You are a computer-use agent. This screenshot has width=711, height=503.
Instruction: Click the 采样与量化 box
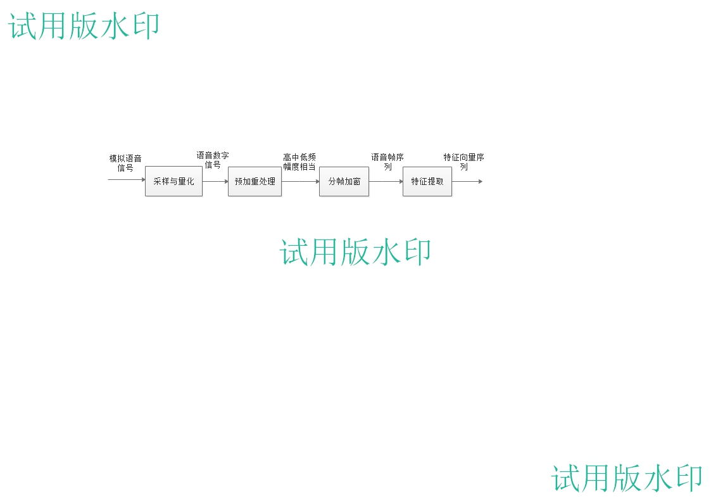point(173,181)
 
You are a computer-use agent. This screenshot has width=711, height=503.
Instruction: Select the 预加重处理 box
point(255,181)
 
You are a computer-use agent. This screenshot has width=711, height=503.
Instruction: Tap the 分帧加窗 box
point(344,181)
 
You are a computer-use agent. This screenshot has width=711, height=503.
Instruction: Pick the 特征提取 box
point(427,181)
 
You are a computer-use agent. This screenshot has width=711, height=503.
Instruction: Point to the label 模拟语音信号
point(125,163)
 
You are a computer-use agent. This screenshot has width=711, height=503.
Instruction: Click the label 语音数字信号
point(213,160)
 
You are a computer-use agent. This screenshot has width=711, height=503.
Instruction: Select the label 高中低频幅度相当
point(299,162)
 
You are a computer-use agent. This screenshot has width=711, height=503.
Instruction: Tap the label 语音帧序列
point(387,162)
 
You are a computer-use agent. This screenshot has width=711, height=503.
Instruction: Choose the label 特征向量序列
point(464,162)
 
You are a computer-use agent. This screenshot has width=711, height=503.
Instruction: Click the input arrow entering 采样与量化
point(127,179)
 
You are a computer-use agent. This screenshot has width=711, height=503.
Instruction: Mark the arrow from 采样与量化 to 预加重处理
point(215,181)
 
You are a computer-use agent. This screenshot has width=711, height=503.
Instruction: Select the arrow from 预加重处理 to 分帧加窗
point(300,181)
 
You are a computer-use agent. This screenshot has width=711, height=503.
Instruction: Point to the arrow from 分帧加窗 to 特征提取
point(386,181)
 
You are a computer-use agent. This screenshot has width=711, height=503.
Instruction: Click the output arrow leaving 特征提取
point(467,181)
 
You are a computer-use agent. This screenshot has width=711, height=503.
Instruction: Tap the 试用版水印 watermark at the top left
point(84,27)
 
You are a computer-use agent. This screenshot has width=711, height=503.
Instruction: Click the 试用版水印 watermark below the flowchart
point(355,251)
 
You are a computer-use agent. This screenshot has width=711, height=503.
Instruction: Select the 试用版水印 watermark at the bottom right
point(627,478)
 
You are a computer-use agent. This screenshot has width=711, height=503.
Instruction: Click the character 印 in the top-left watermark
point(145,27)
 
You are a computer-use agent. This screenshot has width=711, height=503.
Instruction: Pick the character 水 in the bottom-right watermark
point(657,478)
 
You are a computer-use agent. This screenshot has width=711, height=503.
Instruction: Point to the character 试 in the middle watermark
point(294,251)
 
